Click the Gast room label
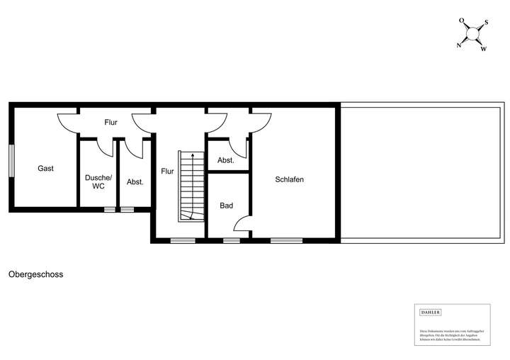[x=46, y=169]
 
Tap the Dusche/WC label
[x=98, y=181]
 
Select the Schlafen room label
[x=290, y=179]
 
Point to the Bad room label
[x=227, y=206]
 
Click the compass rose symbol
[x=472, y=34]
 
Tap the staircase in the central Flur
[x=190, y=186]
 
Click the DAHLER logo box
[x=431, y=313]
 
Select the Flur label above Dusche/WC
[x=110, y=123]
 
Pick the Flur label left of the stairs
[x=167, y=171]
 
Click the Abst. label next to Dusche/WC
[x=135, y=182]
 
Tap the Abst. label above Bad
[x=226, y=161]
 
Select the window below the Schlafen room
[x=286, y=241]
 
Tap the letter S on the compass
[x=486, y=22]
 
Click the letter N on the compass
[x=459, y=46]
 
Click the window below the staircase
[x=183, y=241]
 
